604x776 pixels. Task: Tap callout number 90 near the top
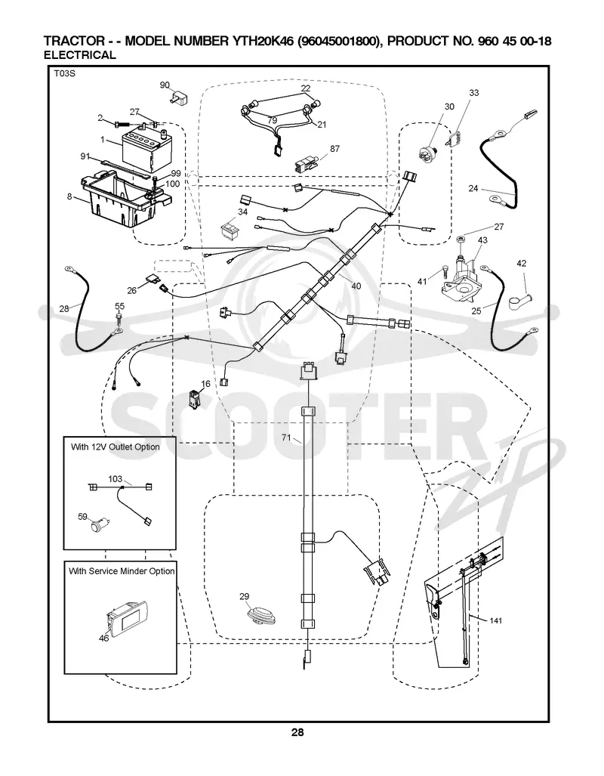pos(165,85)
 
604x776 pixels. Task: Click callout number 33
pos(474,92)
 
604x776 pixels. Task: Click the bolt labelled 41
pos(443,272)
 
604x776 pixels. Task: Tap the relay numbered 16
pos(194,399)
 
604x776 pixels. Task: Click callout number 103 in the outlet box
pos(116,478)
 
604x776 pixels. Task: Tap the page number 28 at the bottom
pos(297,732)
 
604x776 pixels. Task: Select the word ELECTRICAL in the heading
pos(79,55)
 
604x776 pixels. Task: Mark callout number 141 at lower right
pos(496,620)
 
